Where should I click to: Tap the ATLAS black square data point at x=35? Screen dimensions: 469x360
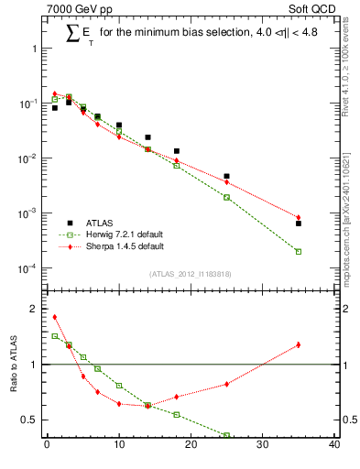tap(299, 224)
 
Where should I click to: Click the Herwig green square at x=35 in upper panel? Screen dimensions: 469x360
tap(299, 251)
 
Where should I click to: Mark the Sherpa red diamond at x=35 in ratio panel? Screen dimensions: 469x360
tap(299, 344)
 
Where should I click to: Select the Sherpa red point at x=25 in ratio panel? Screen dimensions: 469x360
tap(227, 384)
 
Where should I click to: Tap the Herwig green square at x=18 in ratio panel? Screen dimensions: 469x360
tap(177, 414)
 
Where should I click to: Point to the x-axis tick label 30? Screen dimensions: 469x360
tap(263, 446)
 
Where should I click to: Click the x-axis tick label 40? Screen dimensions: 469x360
tap(334, 446)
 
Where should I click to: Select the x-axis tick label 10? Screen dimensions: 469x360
tap(119, 446)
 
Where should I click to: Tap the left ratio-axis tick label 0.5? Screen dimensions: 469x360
tap(28, 420)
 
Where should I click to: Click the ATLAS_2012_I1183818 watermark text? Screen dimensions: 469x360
tap(191, 274)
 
